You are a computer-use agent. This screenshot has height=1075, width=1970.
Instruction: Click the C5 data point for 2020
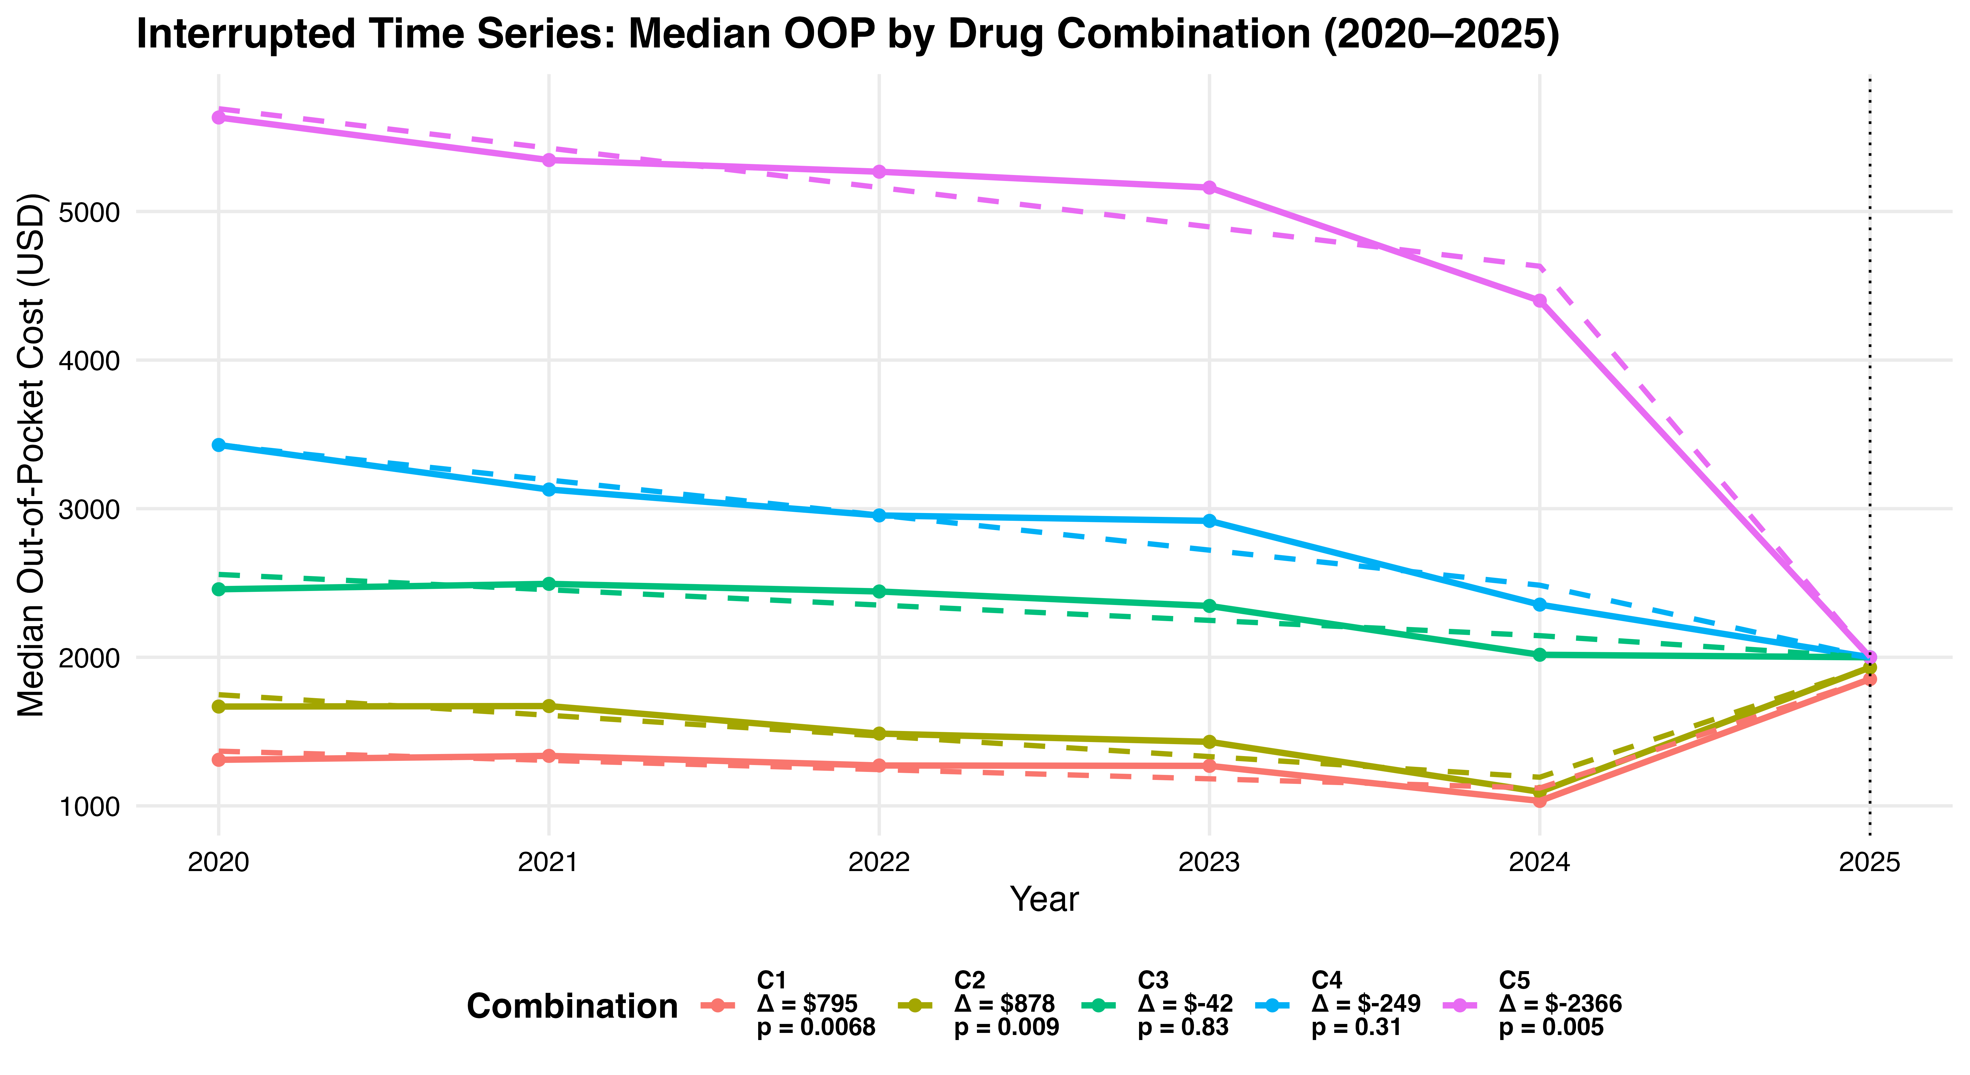point(219,117)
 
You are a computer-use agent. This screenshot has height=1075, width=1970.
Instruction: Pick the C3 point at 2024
point(1540,655)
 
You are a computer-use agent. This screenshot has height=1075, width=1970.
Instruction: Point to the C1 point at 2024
point(1540,800)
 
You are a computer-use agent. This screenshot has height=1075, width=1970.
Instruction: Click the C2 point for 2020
point(219,706)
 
